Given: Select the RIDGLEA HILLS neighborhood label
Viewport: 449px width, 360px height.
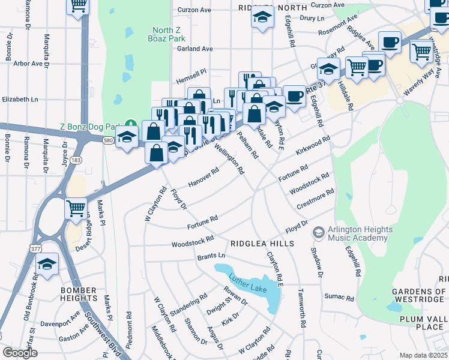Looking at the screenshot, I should (x=262, y=244).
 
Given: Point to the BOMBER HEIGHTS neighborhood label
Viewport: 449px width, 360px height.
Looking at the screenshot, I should (x=78, y=294).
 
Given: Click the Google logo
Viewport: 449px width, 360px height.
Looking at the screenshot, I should (x=20, y=353).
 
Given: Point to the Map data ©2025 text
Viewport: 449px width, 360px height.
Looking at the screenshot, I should (x=423, y=355).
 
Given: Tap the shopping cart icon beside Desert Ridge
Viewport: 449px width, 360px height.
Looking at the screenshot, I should (x=76, y=209).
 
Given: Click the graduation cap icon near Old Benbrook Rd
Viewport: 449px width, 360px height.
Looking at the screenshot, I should (x=47, y=264).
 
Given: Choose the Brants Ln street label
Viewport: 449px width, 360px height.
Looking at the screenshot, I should (x=211, y=256).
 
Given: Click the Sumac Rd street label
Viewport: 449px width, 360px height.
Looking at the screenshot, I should (x=340, y=297).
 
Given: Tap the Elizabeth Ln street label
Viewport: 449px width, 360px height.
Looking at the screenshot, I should (x=20, y=100).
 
